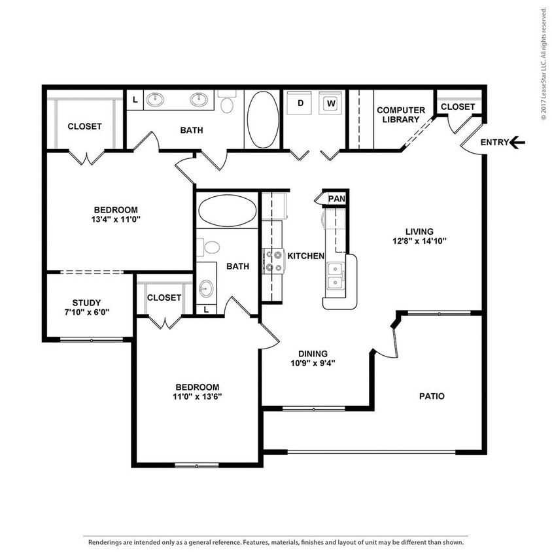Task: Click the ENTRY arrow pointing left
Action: (517, 142)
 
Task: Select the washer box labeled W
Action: (331, 103)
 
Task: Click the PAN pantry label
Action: (336, 198)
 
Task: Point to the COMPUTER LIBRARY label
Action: (400, 114)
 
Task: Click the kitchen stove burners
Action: (273, 261)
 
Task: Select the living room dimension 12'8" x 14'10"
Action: (419, 241)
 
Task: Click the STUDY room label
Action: (86, 302)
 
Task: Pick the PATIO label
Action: (432, 396)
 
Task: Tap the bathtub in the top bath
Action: (262, 119)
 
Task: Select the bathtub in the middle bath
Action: (227, 211)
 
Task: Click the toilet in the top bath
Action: (227, 105)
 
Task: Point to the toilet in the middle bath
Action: (211, 248)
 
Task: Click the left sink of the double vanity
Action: (155, 99)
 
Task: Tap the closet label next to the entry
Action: (457, 107)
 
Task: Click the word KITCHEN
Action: (306, 256)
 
